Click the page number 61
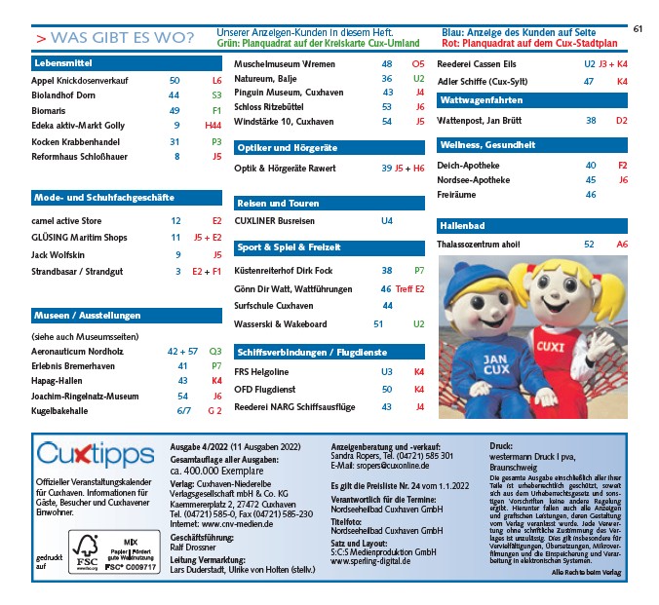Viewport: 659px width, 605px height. (x=639, y=28)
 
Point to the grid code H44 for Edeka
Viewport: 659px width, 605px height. (x=213, y=126)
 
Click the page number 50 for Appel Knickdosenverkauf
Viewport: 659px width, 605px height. (x=174, y=80)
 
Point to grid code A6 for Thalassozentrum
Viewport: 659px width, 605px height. (x=622, y=245)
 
